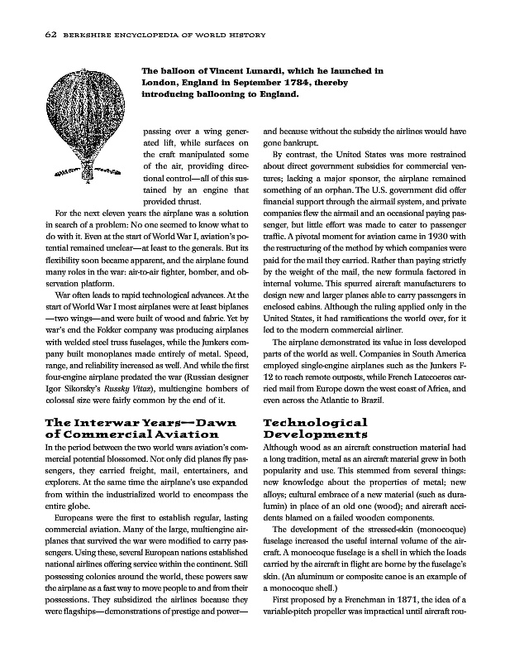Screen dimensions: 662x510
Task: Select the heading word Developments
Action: [315, 434]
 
